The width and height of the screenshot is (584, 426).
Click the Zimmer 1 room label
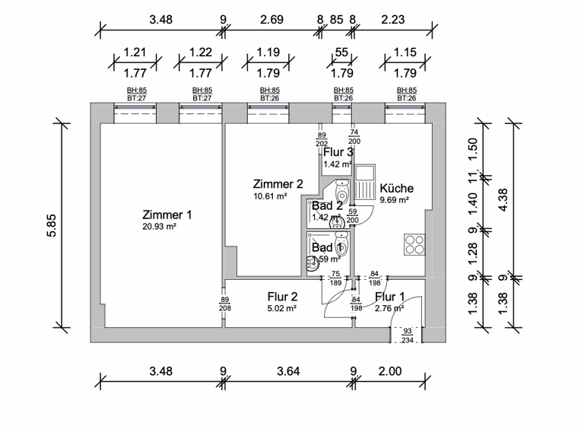167,215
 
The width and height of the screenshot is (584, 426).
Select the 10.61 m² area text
270,196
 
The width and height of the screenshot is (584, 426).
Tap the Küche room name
396,188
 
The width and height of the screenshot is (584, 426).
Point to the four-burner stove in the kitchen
415,244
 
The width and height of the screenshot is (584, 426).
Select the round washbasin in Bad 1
313,264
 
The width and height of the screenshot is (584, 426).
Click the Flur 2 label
281,297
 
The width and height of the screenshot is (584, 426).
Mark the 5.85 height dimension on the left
52,225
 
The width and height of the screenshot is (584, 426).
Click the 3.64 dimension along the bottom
287,372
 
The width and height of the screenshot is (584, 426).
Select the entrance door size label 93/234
407,335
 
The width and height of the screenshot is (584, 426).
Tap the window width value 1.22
201,54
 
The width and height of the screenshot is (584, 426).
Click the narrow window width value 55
341,54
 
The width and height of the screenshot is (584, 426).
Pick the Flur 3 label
338,152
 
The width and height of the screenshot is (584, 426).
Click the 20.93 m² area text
159,227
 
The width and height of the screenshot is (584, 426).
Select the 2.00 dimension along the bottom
390,372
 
